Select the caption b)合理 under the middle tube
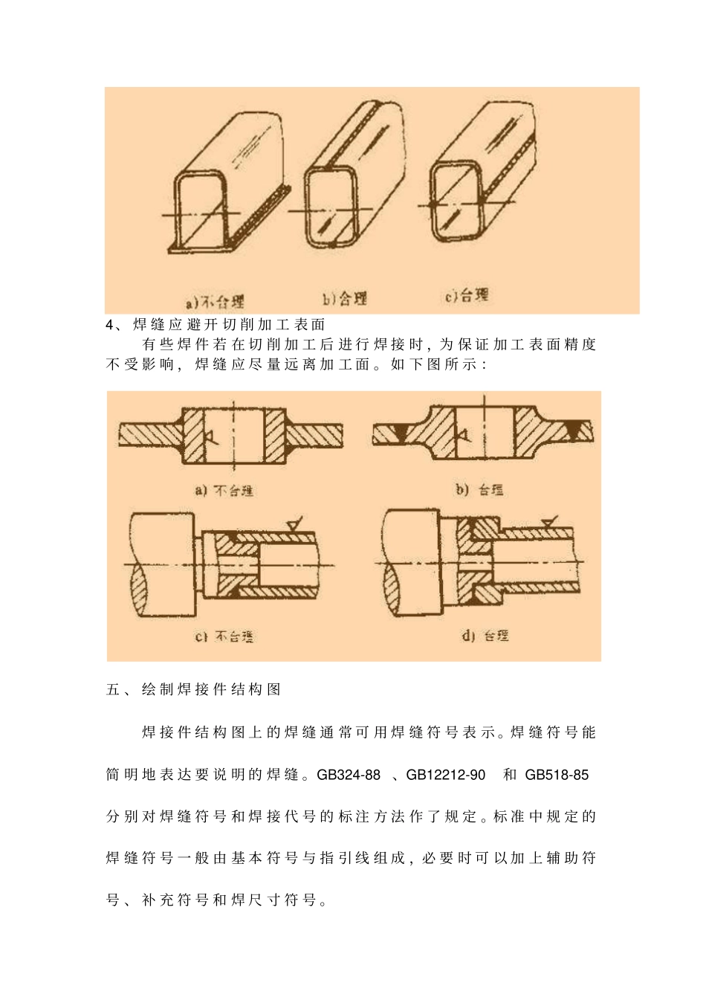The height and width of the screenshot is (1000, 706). tap(345, 299)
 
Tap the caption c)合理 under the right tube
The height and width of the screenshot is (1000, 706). tap(467, 295)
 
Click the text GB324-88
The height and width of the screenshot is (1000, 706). tap(349, 775)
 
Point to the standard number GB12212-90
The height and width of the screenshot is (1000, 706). tap(446, 775)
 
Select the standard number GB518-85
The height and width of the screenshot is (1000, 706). tap(557, 775)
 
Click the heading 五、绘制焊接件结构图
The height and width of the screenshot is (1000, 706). tap(194, 689)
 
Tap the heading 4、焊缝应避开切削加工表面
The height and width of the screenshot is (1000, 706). tap(216, 324)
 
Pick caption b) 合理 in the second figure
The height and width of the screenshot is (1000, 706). tap(479, 490)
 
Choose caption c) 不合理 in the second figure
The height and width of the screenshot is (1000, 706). tap(224, 636)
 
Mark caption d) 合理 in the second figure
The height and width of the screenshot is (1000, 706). tap(485, 636)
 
